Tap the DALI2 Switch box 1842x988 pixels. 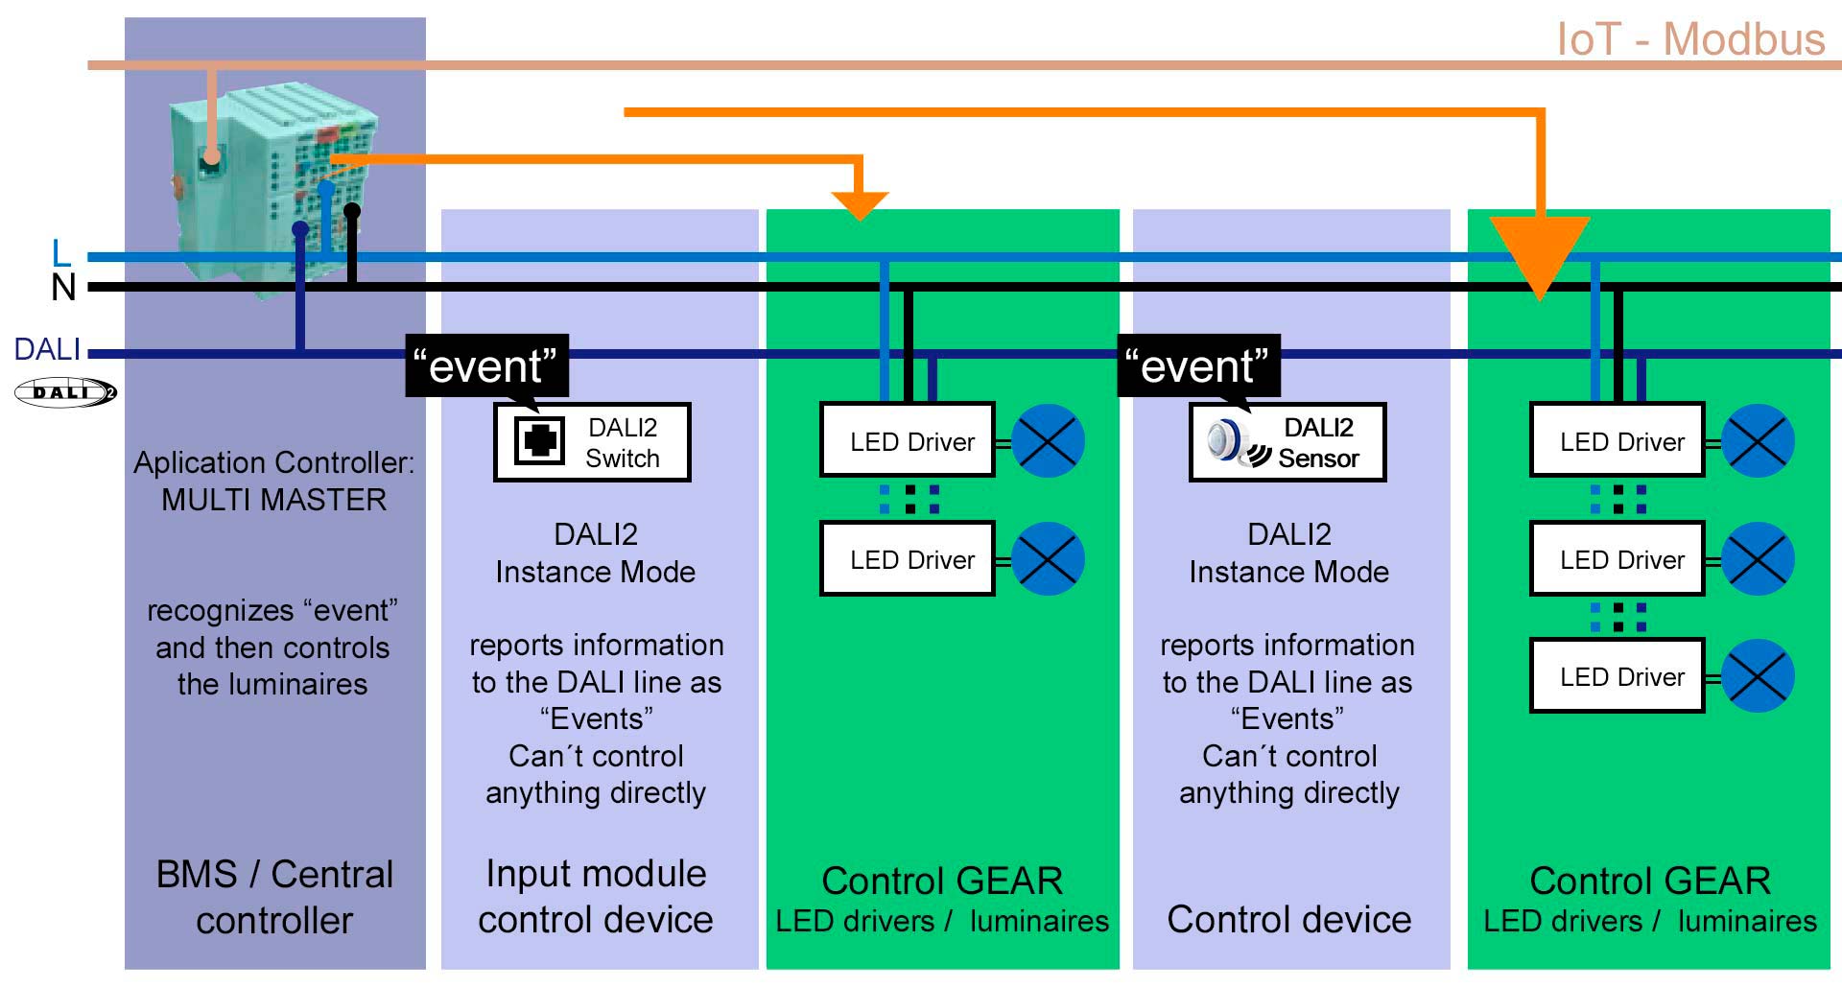pyautogui.click(x=592, y=442)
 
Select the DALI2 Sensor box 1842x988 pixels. pyautogui.click(x=1287, y=442)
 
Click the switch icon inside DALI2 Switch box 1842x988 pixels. pyautogui.click(x=539, y=441)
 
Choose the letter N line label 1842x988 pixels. pyautogui.click(x=63, y=287)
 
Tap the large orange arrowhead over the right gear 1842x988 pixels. pyautogui.click(x=1540, y=255)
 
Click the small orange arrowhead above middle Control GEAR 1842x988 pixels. pyautogui.click(x=860, y=204)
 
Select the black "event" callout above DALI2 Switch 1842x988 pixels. pyautogui.click(x=486, y=365)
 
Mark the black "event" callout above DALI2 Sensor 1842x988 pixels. pyautogui.click(x=1198, y=365)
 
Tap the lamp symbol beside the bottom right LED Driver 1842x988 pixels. pyautogui.click(x=1758, y=676)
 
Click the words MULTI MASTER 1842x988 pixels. pyautogui.click(x=274, y=500)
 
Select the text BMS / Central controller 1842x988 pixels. pyautogui.click(x=274, y=897)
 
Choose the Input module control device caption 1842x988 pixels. pyautogui.click(x=596, y=897)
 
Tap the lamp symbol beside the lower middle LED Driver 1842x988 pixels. pyautogui.click(x=1048, y=559)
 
